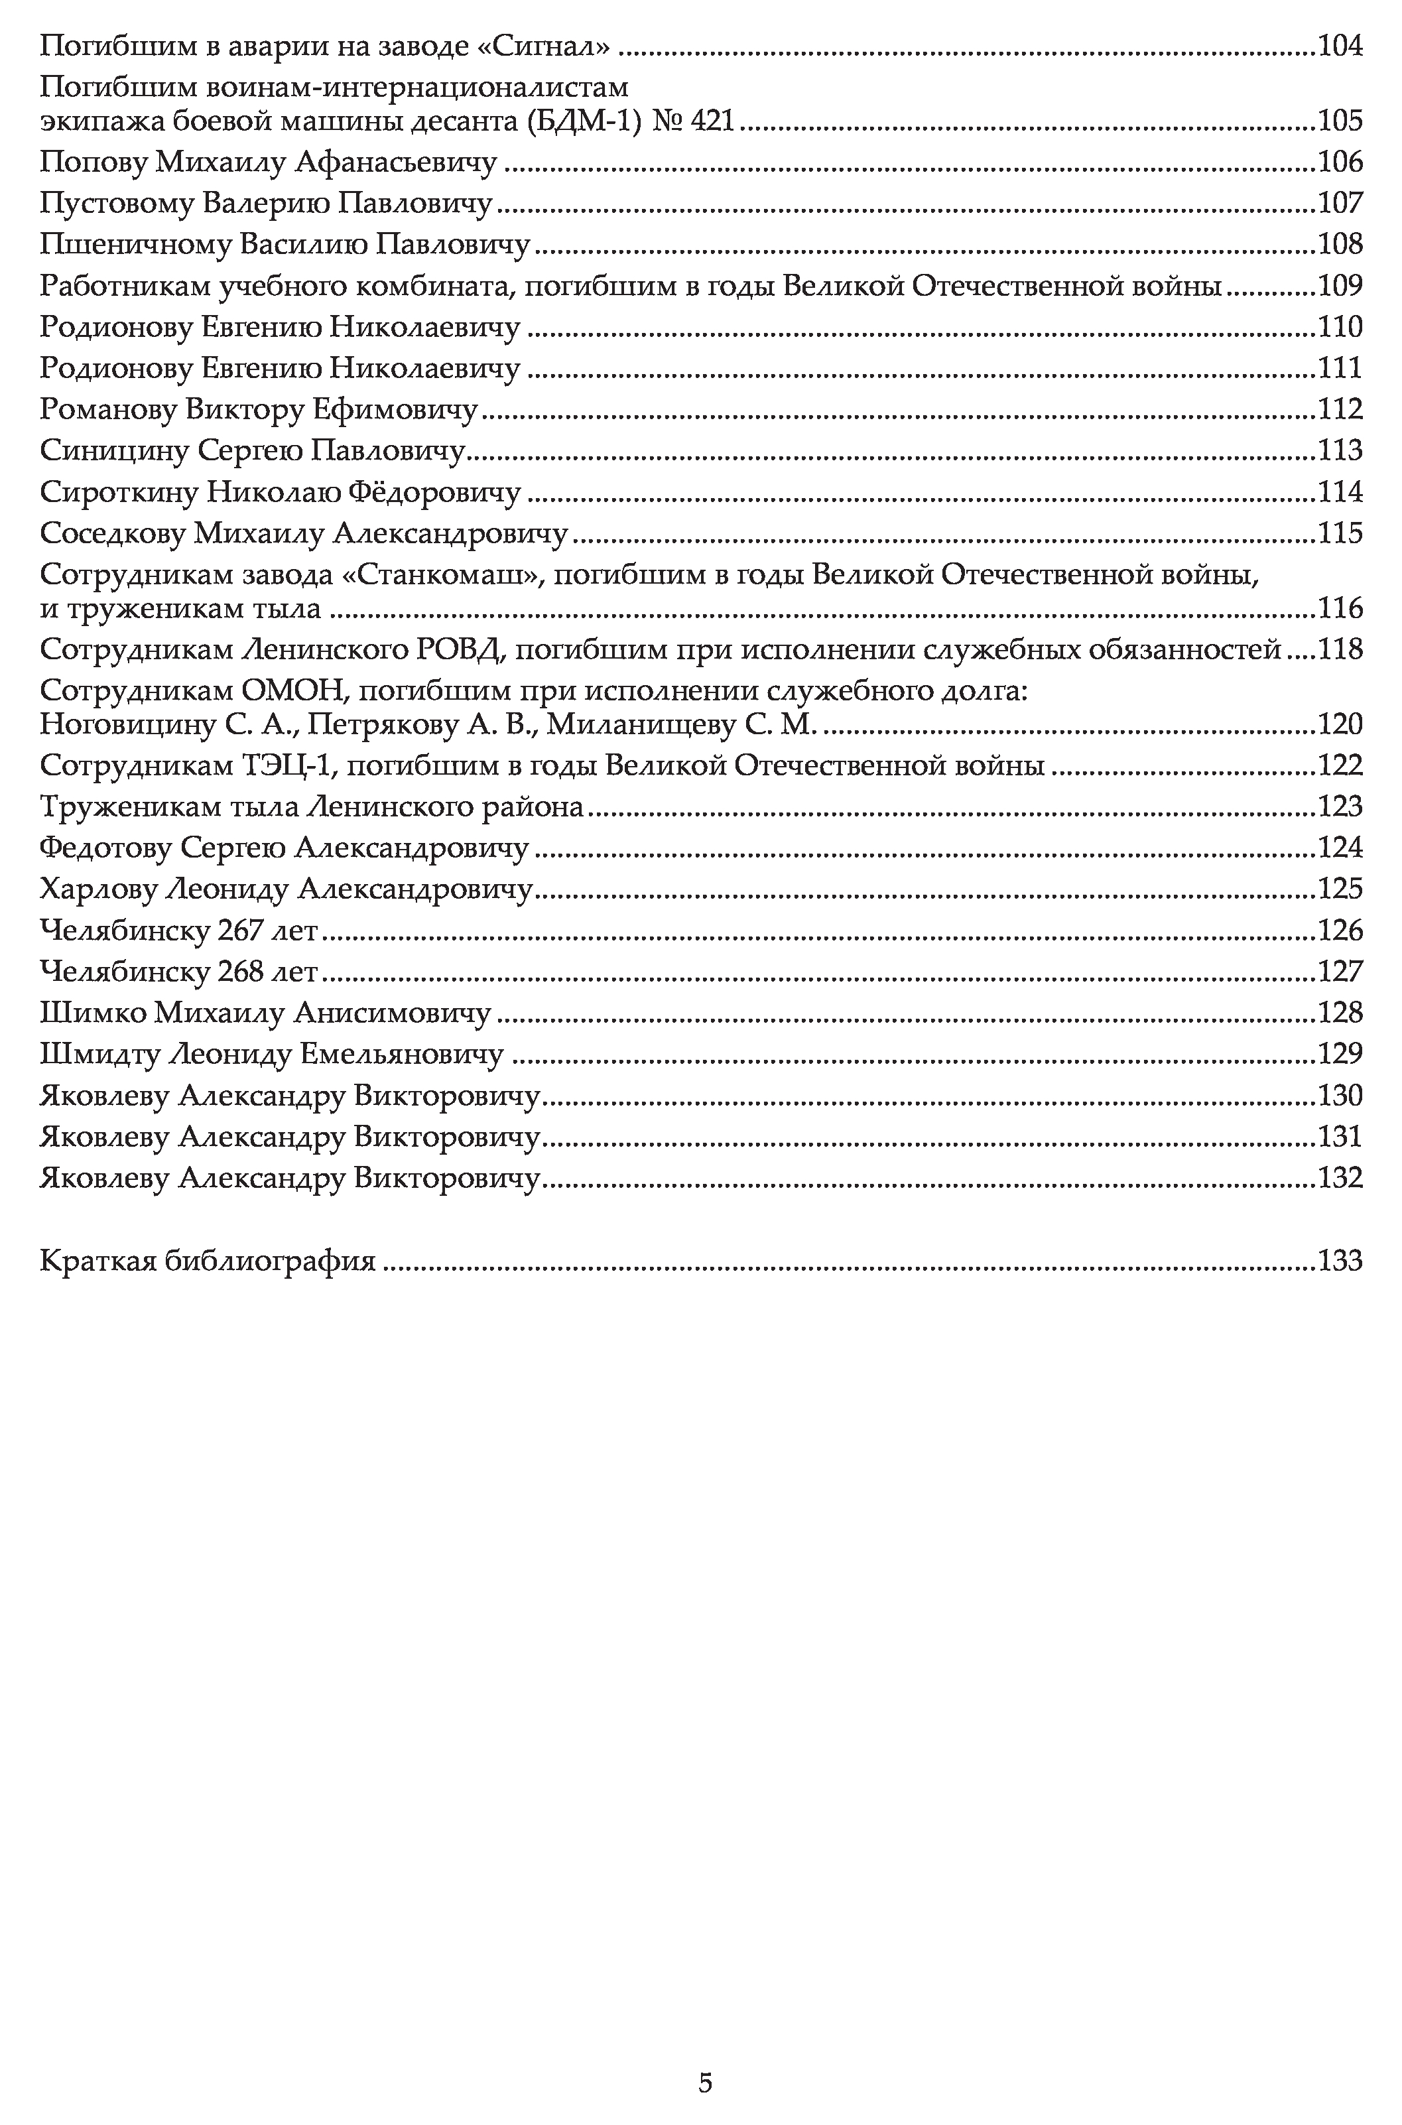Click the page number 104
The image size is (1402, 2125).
point(1340,44)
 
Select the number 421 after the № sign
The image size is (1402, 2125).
point(714,120)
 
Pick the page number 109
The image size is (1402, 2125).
point(1340,286)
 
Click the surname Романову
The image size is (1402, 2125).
point(108,409)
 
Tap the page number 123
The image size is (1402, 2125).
point(1340,806)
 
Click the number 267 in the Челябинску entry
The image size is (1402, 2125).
point(239,931)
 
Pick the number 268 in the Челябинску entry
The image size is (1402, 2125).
point(239,972)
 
